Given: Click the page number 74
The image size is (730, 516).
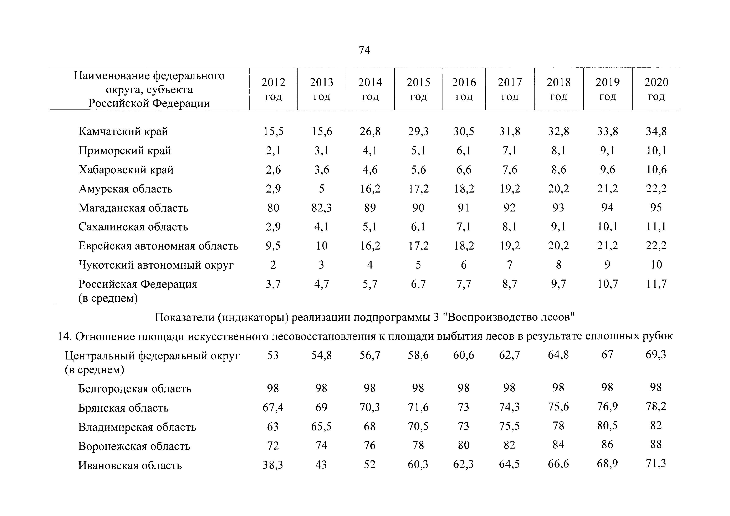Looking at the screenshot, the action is (x=364, y=50).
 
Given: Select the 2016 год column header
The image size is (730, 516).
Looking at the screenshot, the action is (x=464, y=89).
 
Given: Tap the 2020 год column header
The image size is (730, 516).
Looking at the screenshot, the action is (x=656, y=89).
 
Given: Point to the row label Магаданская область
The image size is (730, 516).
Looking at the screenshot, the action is (x=134, y=208).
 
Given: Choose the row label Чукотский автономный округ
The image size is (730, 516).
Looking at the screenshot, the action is (x=156, y=265).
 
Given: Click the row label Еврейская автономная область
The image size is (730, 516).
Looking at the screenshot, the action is (x=158, y=246).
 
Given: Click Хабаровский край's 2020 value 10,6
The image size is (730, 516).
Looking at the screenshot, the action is (x=656, y=170).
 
